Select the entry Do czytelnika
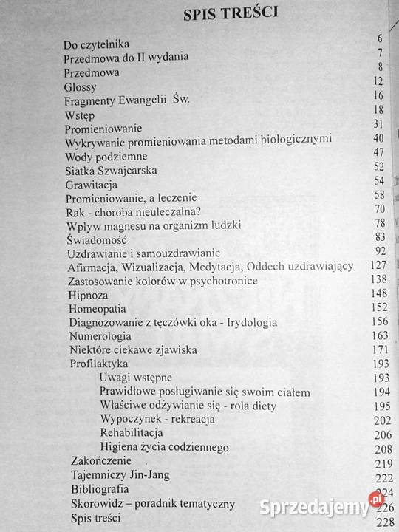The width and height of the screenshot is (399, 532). click(x=97, y=45)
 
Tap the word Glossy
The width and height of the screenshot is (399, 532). click(x=81, y=86)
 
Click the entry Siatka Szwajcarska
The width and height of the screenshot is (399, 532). click(x=111, y=171)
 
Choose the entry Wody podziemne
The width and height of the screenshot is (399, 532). click(x=106, y=157)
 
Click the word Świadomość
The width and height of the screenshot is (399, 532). click(x=97, y=240)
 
